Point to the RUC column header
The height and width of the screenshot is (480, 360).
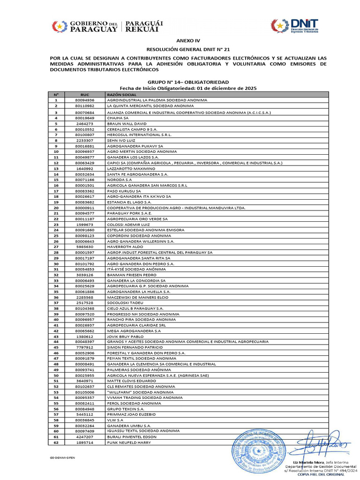(x=84, y=94)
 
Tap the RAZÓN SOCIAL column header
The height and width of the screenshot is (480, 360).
(x=118, y=94)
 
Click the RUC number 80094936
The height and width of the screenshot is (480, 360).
(x=84, y=100)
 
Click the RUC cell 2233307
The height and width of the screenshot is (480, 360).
(x=84, y=140)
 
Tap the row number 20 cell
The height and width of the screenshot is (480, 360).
(x=56, y=208)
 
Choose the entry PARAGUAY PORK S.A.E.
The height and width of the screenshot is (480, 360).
(x=129, y=213)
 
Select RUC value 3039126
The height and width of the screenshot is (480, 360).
(x=84, y=275)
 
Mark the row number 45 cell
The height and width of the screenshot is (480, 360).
(x=56, y=347)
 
